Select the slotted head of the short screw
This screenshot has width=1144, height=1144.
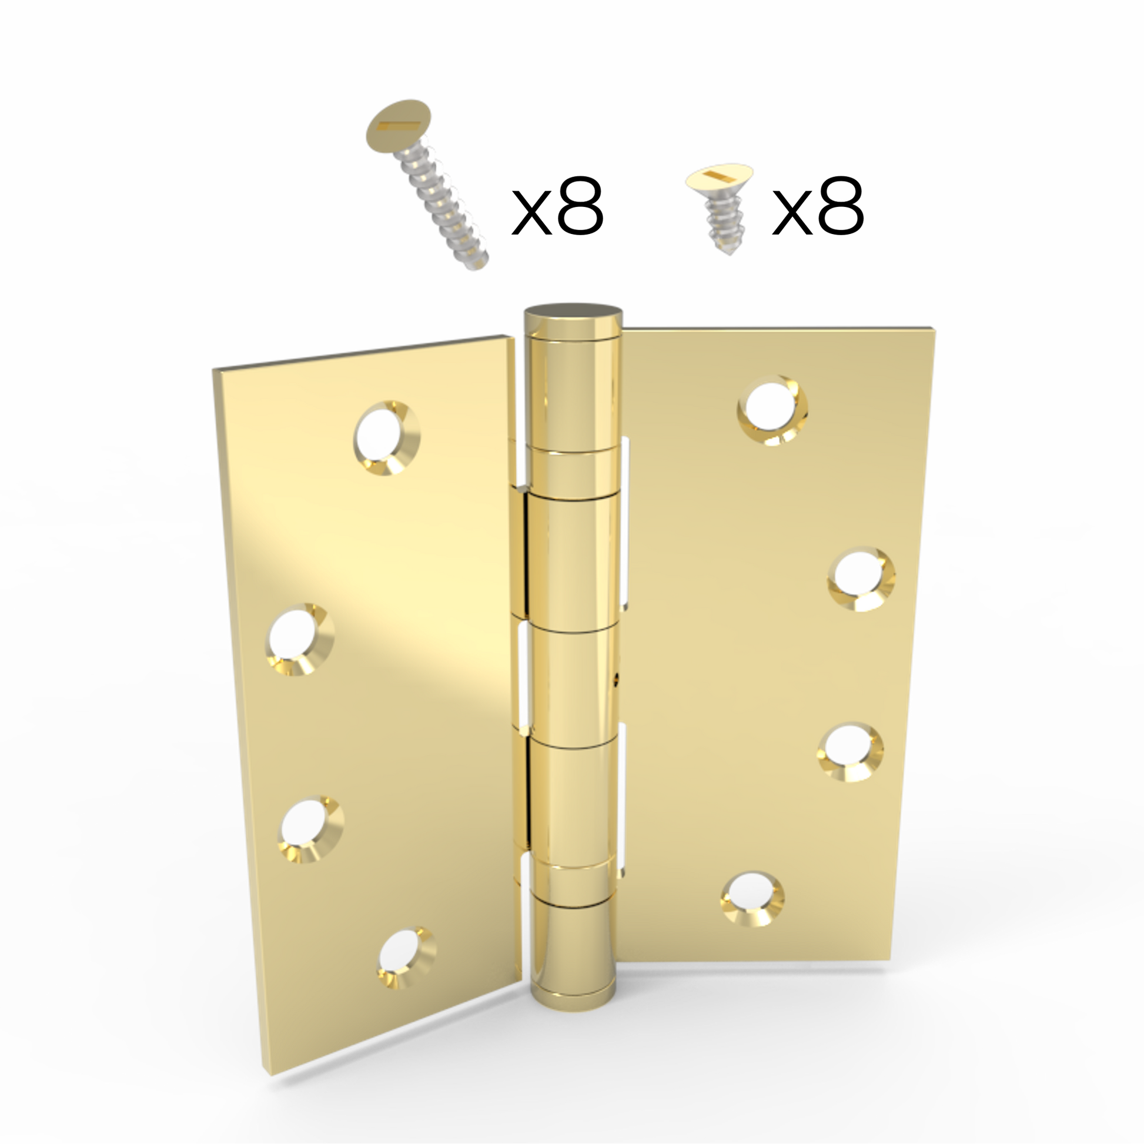tap(720, 176)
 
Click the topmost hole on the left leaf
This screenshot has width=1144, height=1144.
tap(387, 439)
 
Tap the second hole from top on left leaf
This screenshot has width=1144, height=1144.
tap(300, 640)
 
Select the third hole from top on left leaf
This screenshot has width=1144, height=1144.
tap(310, 829)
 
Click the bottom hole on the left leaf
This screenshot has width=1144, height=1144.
tap(407, 958)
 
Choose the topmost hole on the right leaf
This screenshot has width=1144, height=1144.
tap(772, 410)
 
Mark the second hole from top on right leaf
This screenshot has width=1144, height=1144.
tap(861, 578)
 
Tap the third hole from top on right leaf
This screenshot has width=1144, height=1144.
tap(850, 752)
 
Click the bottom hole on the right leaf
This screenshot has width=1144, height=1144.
tap(752, 899)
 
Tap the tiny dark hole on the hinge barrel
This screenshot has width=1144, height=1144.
tap(618, 677)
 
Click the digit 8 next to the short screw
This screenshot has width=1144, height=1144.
tap(841, 206)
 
